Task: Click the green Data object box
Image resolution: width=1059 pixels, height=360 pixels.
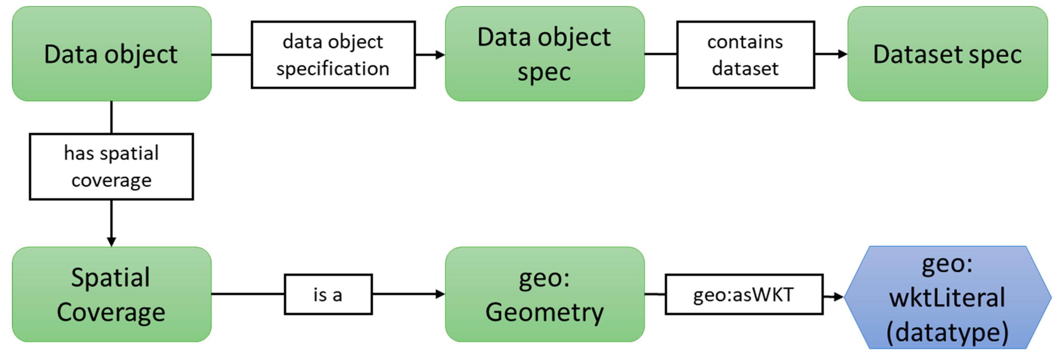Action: click(111, 54)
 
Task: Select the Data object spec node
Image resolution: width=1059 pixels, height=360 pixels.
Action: click(544, 54)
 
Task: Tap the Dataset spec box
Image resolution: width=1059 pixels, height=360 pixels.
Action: click(947, 54)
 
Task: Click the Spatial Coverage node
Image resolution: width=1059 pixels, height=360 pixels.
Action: click(111, 294)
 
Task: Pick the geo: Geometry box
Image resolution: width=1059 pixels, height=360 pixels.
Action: click(544, 294)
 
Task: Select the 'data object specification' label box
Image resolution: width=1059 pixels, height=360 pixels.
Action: click(333, 55)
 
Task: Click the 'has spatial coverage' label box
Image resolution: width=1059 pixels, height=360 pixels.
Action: click(111, 166)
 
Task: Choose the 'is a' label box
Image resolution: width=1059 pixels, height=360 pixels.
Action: click(328, 294)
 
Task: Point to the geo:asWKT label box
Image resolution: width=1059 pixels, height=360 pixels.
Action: click(744, 294)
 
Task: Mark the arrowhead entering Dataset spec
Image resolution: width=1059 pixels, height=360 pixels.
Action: click(842, 54)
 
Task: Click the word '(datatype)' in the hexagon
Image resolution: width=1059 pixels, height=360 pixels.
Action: click(947, 332)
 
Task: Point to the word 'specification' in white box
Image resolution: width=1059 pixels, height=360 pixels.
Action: click(333, 69)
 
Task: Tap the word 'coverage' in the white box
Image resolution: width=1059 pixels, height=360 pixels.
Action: click(111, 180)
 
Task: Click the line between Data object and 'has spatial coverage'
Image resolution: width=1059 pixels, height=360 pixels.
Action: click(111, 117)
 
